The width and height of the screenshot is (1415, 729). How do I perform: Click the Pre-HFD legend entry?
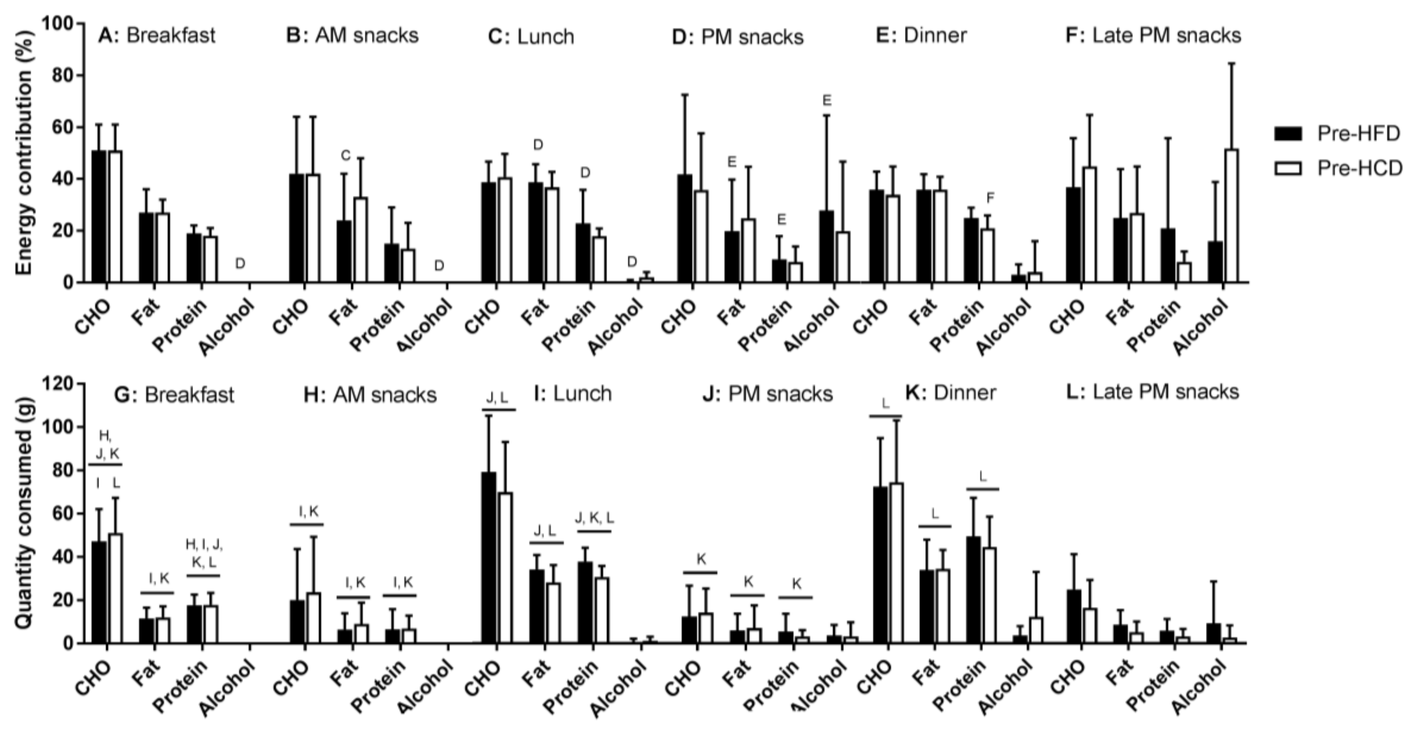(x=1338, y=133)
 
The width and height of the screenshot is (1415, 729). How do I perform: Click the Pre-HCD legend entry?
(x=1338, y=168)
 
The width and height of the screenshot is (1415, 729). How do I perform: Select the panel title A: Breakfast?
(x=157, y=35)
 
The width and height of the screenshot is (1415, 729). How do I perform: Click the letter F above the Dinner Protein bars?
(x=990, y=197)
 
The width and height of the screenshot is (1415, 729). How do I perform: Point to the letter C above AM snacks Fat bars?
(x=345, y=156)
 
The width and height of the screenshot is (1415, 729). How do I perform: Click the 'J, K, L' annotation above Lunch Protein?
(x=594, y=518)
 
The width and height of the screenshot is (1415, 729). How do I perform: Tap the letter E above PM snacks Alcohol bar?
(x=827, y=100)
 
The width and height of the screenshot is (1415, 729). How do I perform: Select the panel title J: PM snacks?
(x=767, y=394)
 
